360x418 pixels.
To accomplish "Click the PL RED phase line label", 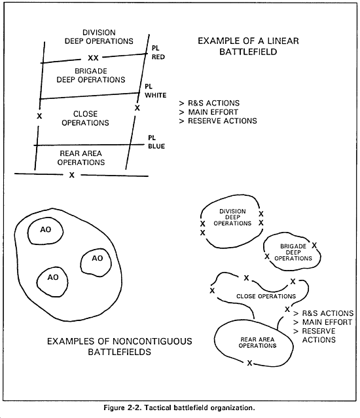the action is click(158, 52).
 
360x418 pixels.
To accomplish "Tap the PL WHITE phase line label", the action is click(156, 91).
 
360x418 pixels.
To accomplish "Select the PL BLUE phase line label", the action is click(156, 142).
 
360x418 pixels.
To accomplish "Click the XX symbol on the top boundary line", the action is click(93, 58).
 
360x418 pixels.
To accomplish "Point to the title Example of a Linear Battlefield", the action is click(248, 46).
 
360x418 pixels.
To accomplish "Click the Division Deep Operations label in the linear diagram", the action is click(99, 37).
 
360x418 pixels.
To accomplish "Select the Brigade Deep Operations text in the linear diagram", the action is click(91, 75).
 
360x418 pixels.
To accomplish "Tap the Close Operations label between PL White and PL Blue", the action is click(86, 118).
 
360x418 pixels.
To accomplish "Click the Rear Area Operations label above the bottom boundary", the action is click(81, 158).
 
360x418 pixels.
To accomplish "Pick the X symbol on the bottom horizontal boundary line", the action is click(72, 175).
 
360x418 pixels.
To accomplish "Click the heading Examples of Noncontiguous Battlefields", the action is click(120, 347).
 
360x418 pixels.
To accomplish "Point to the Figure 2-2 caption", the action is click(179, 408).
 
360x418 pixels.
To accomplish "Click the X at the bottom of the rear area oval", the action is click(249, 363).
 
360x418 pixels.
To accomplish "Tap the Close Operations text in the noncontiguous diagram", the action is click(266, 296).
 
